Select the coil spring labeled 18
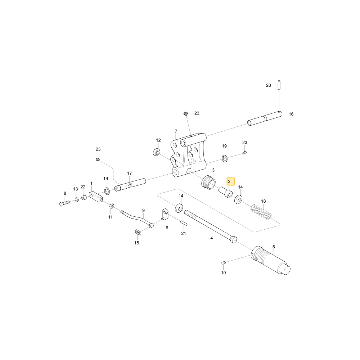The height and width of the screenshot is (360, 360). [261, 212]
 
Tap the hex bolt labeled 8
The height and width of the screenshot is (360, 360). [64, 203]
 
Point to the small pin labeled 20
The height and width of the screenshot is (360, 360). [279, 85]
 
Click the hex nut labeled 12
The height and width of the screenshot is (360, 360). [157, 152]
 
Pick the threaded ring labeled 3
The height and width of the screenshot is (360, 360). [208, 183]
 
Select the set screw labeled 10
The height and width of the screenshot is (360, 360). [224, 263]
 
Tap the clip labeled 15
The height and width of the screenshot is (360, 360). [138, 232]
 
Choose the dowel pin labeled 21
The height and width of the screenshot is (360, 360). [184, 223]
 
